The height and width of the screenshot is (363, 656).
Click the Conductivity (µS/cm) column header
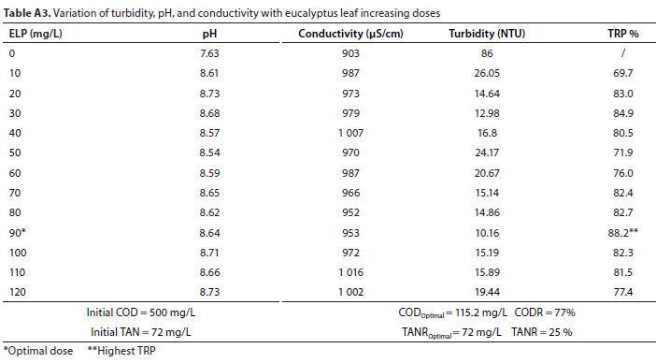[x=350, y=34]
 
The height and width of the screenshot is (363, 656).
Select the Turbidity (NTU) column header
[x=487, y=34]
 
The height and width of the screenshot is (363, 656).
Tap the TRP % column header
[x=623, y=34]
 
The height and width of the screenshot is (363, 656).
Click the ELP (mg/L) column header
[x=36, y=34]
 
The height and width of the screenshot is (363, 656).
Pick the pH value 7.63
[x=209, y=53]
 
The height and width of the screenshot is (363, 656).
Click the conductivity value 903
[x=350, y=53]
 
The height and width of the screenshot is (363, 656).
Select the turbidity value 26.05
[x=487, y=73]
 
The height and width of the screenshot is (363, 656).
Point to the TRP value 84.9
[x=623, y=113]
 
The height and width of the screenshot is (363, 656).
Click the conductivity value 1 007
[x=350, y=133]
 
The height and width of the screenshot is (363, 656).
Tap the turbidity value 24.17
[x=487, y=152]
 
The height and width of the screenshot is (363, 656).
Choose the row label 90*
[x=18, y=233]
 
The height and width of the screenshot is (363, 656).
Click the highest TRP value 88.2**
[x=623, y=233]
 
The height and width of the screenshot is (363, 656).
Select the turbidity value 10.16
[x=487, y=233]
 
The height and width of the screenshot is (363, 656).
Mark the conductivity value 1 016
[x=350, y=272]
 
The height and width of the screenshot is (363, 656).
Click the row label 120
[x=18, y=292]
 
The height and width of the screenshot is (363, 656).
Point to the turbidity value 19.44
[x=487, y=292]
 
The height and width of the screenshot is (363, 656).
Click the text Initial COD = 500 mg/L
[x=141, y=312]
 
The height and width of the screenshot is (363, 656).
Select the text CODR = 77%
[x=545, y=312]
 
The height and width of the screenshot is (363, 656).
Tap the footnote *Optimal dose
[x=38, y=351]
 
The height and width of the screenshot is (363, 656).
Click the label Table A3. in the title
[x=27, y=13]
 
